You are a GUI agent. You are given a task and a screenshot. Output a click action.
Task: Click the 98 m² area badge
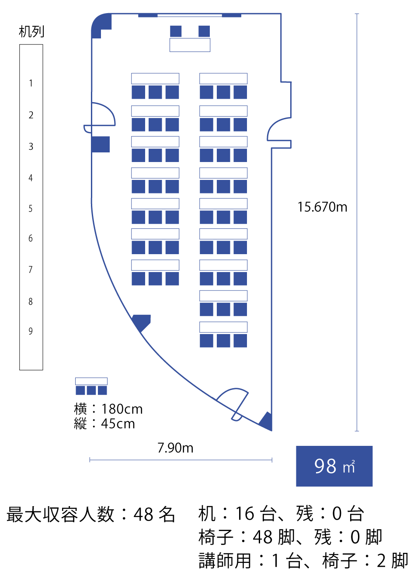point(334,466)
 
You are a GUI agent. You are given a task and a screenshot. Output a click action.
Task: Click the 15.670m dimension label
point(322,207)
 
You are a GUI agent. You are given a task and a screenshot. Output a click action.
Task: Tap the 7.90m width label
point(175,448)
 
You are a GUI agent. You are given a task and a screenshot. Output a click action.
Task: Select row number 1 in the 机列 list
point(31,83)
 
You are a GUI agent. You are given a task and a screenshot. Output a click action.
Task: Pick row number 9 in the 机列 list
point(31,331)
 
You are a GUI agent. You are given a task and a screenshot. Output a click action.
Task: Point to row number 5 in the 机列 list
point(31,208)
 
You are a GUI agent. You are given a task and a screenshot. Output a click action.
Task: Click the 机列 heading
point(31,31)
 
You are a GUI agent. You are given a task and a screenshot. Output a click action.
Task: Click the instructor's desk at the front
point(190,45)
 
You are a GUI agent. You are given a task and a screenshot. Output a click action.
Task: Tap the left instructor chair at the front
point(176,31)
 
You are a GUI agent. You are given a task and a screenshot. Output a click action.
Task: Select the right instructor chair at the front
point(204,31)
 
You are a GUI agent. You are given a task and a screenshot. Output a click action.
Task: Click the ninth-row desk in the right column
point(223,327)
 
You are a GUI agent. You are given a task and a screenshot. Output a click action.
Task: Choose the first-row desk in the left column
point(155,79)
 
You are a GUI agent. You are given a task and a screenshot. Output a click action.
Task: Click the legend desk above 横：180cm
point(91,381)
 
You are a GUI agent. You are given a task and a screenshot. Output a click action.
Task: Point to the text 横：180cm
point(108,409)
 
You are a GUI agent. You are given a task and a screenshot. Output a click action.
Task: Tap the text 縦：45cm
point(104,424)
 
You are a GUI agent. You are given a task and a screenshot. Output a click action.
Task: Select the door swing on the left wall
point(103,114)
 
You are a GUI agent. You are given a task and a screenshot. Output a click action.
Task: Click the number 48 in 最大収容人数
point(143,514)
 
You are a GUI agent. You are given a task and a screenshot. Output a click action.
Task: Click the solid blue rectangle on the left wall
point(101,145)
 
